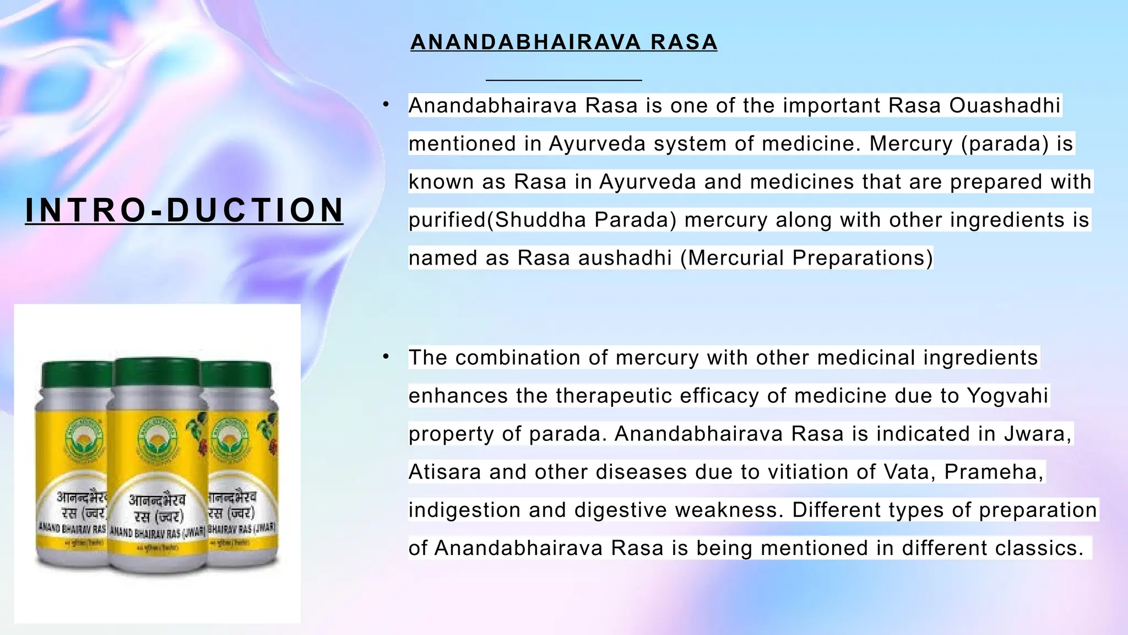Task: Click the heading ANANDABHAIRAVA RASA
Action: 563,42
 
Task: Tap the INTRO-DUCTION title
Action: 184,210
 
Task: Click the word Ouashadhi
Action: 1005,105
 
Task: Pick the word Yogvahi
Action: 1007,395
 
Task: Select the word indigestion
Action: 464,509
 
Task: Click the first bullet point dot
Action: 387,104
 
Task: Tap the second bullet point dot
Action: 387,357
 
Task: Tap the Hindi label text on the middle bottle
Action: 157,508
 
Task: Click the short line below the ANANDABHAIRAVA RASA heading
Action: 563,80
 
